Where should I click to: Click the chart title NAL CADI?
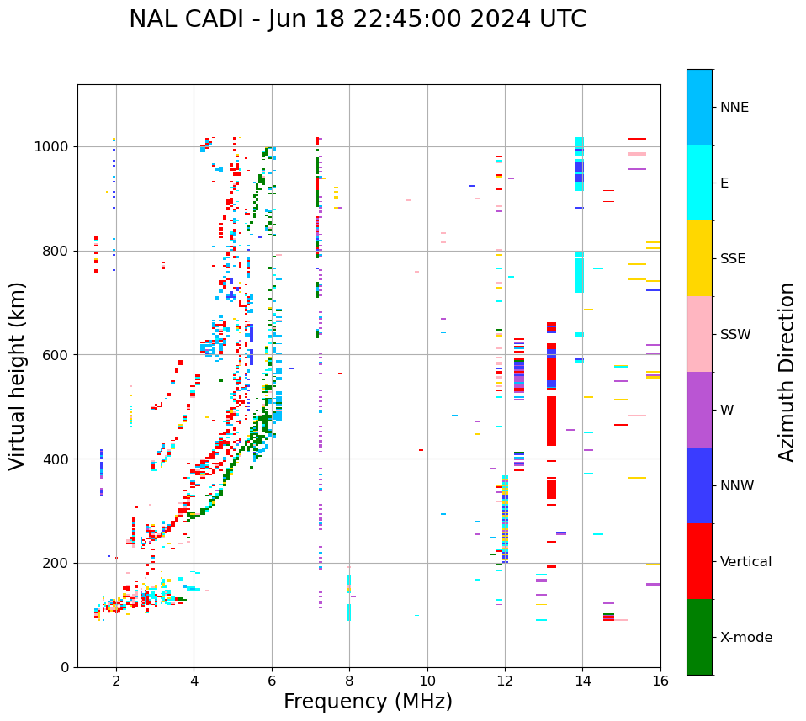click(358, 19)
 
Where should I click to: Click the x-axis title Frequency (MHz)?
click(368, 702)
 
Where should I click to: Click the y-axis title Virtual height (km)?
click(18, 375)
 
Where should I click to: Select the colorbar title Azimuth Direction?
click(787, 371)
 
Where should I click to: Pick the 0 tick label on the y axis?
click(65, 667)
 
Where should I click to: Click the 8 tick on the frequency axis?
click(349, 682)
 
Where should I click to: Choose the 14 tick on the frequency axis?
click(582, 682)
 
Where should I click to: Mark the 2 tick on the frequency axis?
click(116, 682)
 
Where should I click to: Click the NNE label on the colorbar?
click(734, 108)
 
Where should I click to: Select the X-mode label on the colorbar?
click(746, 638)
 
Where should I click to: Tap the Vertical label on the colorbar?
click(745, 562)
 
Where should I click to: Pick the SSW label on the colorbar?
click(735, 335)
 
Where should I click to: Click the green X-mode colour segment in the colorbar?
click(699, 637)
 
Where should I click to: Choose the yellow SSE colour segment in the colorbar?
click(699, 258)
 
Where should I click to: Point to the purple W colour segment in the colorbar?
click(699, 410)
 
